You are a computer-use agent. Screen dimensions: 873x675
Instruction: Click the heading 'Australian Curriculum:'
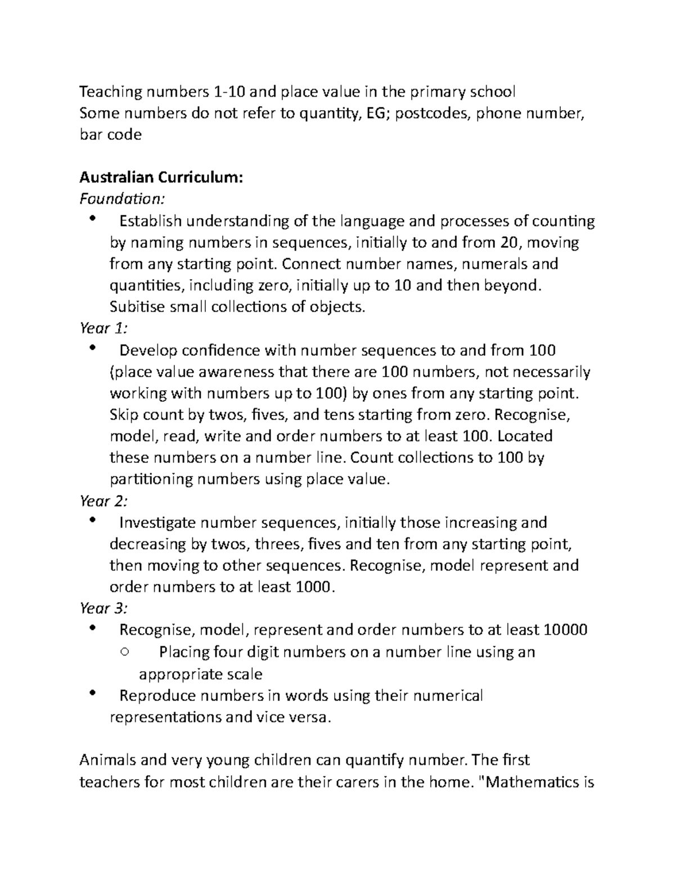[161, 178]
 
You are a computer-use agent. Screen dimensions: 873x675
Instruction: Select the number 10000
[565, 630]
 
